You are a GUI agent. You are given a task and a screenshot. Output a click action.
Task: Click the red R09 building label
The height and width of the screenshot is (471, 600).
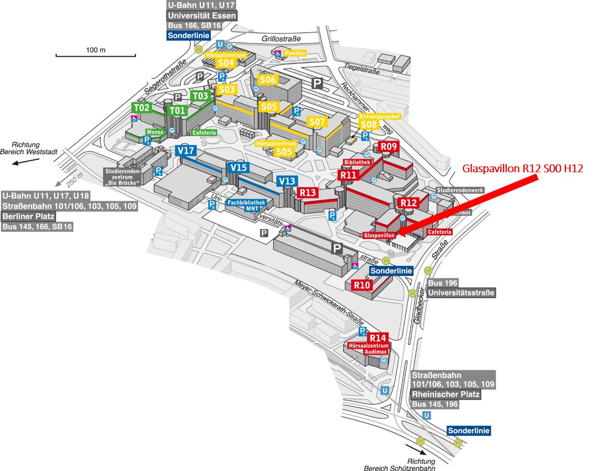click(x=388, y=146)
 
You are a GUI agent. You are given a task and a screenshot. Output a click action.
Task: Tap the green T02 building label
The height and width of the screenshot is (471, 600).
click(x=142, y=108)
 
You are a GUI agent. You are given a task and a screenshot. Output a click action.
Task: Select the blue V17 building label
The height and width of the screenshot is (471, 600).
click(x=186, y=150)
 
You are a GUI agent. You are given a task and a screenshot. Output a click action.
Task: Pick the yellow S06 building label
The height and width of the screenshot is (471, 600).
click(x=267, y=80)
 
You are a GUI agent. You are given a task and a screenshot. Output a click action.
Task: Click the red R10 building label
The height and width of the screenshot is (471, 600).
click(x=362, y=285)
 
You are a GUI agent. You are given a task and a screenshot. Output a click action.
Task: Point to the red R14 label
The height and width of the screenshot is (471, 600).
click(x=377, y=338)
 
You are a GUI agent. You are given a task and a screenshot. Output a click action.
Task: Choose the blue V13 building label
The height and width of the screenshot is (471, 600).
click(x=287, y=181)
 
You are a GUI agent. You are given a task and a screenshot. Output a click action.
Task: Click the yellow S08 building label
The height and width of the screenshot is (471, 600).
click(x=369, y=124)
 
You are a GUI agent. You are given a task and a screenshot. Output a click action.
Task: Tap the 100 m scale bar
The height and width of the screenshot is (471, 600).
click(x=96, y=55)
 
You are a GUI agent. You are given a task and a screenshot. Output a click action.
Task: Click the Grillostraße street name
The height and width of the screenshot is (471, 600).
click(x=281, y=38)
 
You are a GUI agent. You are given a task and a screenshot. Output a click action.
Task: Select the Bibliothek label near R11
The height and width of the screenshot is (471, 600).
click(x=357, y=162)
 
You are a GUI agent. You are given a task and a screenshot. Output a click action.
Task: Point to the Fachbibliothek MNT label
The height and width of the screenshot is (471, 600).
click(x=247, y=205)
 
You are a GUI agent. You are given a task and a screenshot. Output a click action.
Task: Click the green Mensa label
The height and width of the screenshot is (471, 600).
click(x=155, y=132)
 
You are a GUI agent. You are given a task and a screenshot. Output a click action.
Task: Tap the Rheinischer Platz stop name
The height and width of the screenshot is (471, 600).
click(x=445, y=394)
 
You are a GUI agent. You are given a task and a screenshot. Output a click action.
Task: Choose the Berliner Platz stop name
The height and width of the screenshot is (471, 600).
click(x=28, y=216)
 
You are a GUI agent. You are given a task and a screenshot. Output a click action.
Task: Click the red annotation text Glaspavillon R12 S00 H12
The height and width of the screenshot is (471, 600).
click(x=523, y=168)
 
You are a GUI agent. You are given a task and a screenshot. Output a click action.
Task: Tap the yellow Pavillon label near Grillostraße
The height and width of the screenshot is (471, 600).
click(x=295, y=53)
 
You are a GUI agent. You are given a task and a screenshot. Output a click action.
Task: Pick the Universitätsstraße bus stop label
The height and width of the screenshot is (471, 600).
click(x=461, y=292)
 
